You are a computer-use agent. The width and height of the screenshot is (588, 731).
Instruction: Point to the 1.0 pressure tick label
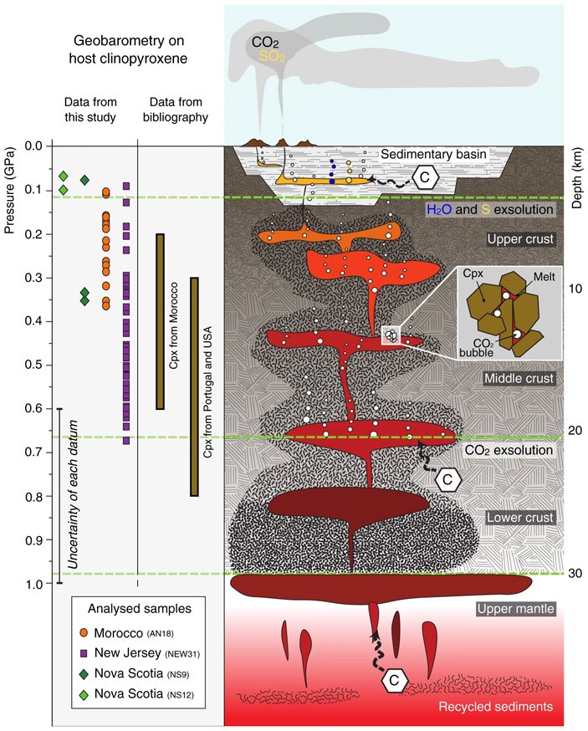click(x=36, y=584)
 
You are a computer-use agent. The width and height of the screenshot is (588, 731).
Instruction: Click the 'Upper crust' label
click(x=521, y=239)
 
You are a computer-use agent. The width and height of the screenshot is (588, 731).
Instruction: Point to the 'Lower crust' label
click(x=520, y=518)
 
